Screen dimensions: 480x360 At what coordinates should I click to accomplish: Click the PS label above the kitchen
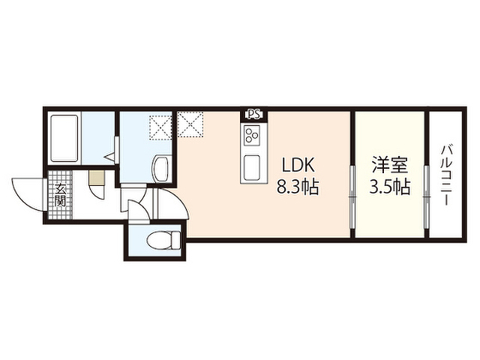(254, 115)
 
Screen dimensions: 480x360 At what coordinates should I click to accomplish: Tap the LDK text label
(298, 166)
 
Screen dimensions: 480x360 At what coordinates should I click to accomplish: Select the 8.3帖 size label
(298, 187)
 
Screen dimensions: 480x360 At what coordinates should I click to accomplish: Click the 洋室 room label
(390, 166)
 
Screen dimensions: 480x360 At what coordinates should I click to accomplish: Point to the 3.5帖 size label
(389, 187)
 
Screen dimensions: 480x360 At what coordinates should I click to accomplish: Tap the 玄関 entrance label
(60, 195)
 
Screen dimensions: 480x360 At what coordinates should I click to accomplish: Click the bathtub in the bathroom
(64, 138)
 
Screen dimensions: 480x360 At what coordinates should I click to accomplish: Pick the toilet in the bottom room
(163, 240)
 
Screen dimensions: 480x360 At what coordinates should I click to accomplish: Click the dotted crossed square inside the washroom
(160, 127)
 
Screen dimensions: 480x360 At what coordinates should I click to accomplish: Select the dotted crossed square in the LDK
(190, 124)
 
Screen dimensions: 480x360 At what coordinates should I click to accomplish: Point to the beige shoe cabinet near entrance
(97, 178)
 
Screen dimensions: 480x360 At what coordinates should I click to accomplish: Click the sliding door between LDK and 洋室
(352, 196)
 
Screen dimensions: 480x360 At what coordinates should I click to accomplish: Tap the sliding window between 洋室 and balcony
(427, 196)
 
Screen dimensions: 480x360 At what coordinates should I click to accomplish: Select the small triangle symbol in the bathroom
(109, 157)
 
